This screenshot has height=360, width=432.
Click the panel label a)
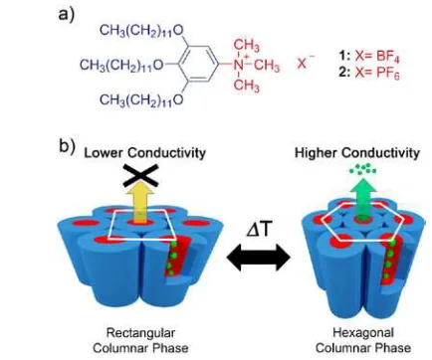point(67,14)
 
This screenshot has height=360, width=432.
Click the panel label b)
point(68,146)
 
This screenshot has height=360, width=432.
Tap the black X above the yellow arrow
point(140,175)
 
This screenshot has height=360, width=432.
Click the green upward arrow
point(362,200)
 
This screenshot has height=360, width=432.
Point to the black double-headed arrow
point(259,258)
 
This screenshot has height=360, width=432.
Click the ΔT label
point(257,230)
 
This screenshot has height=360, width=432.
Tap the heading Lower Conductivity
point(144,153)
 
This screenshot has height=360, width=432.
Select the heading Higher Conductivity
point(357,153)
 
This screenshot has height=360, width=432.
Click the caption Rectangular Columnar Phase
point(140,340)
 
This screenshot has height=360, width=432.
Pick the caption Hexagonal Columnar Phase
point(363,340)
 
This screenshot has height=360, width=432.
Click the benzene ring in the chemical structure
point(199,65)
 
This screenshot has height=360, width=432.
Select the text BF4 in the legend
point(388,57)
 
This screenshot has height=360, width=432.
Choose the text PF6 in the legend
point(388,73)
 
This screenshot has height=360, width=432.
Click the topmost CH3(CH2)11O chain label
point(141,31)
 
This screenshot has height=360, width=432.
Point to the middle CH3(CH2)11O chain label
point(121,65)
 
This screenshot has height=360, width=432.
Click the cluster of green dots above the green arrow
point(363,170)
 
